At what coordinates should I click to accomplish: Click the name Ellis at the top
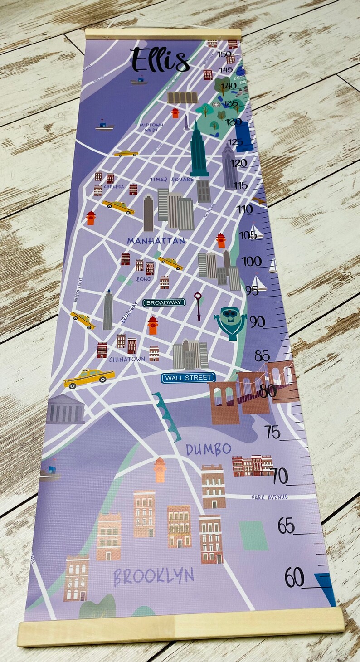point(160,60)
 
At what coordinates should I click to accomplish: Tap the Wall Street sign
point(188,378)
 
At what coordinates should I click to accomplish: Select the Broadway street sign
point(164,302)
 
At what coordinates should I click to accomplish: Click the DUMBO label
point(209,449)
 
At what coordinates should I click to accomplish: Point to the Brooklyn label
point(154,577)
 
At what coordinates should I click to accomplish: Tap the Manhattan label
point(156,241)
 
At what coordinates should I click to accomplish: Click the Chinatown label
point(127,359)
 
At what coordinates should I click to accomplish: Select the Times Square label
point(172,180)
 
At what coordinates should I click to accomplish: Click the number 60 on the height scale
point(295,578)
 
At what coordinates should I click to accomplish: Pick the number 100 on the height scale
point(251,261)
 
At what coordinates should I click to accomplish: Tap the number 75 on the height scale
point(272,432)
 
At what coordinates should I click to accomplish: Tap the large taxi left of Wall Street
point(89,378)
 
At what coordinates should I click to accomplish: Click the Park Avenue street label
point(269,497)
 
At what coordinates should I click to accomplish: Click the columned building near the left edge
point(66,410)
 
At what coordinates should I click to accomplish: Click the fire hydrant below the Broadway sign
point(152,326)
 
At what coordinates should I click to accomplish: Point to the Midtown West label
point(151,127)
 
